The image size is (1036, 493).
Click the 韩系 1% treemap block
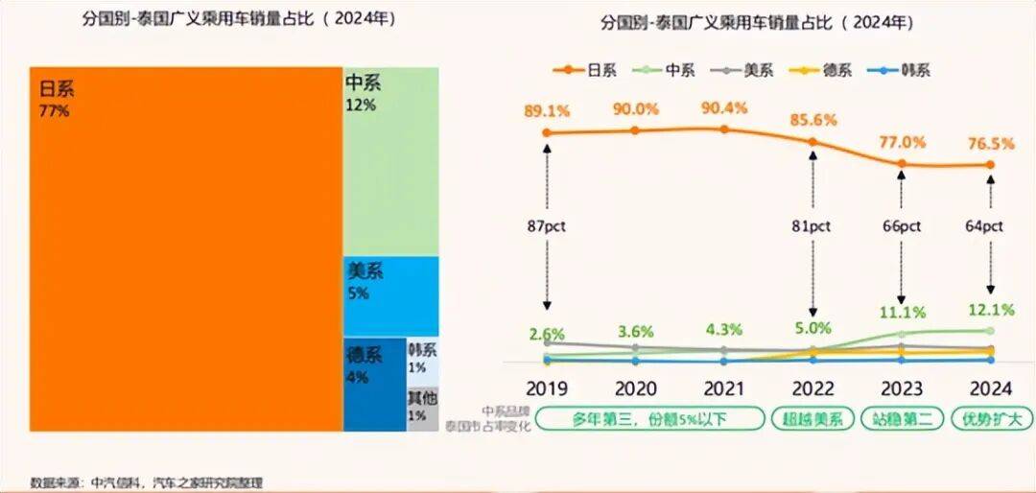[422, 361]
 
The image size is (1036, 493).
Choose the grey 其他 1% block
[422, 409]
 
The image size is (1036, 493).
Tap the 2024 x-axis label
[991, 389]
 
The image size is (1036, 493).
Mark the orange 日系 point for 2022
[813, 142]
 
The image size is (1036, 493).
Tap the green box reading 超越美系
[812, 420]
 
